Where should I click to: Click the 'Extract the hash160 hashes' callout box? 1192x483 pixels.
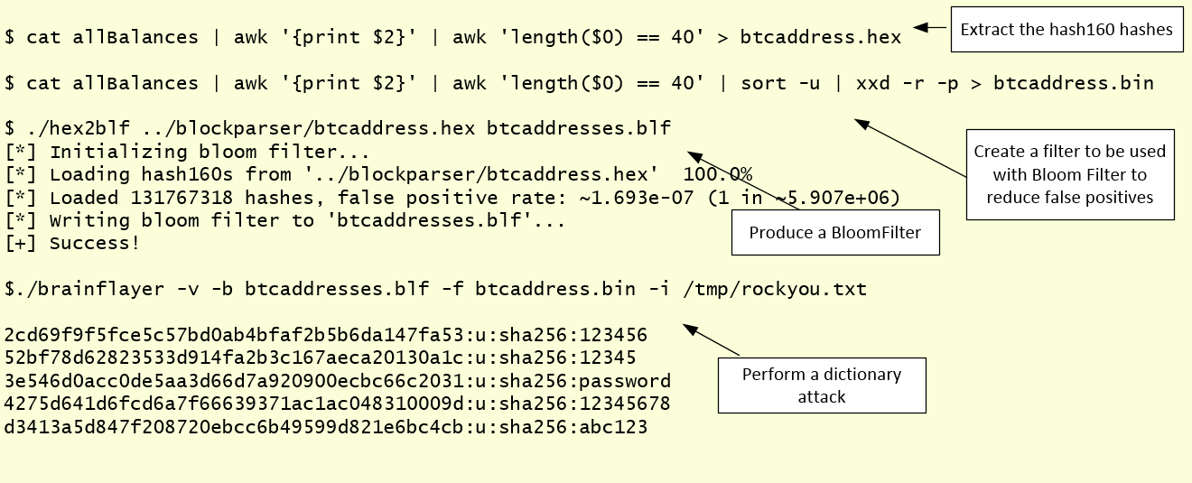1066,30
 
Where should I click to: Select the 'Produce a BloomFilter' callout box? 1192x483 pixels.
834,232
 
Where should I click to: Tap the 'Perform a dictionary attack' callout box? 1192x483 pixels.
822,385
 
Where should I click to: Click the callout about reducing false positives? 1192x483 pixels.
1069,174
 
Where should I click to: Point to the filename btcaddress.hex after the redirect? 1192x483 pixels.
820,37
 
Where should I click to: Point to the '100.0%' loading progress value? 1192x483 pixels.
718,174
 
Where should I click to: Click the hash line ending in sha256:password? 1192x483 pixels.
338,381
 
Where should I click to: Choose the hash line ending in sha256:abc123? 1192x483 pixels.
326,427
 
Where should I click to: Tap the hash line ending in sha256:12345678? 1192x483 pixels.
338,404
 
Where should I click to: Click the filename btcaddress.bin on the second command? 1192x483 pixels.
1073,83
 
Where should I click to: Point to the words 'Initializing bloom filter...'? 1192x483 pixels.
210,152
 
